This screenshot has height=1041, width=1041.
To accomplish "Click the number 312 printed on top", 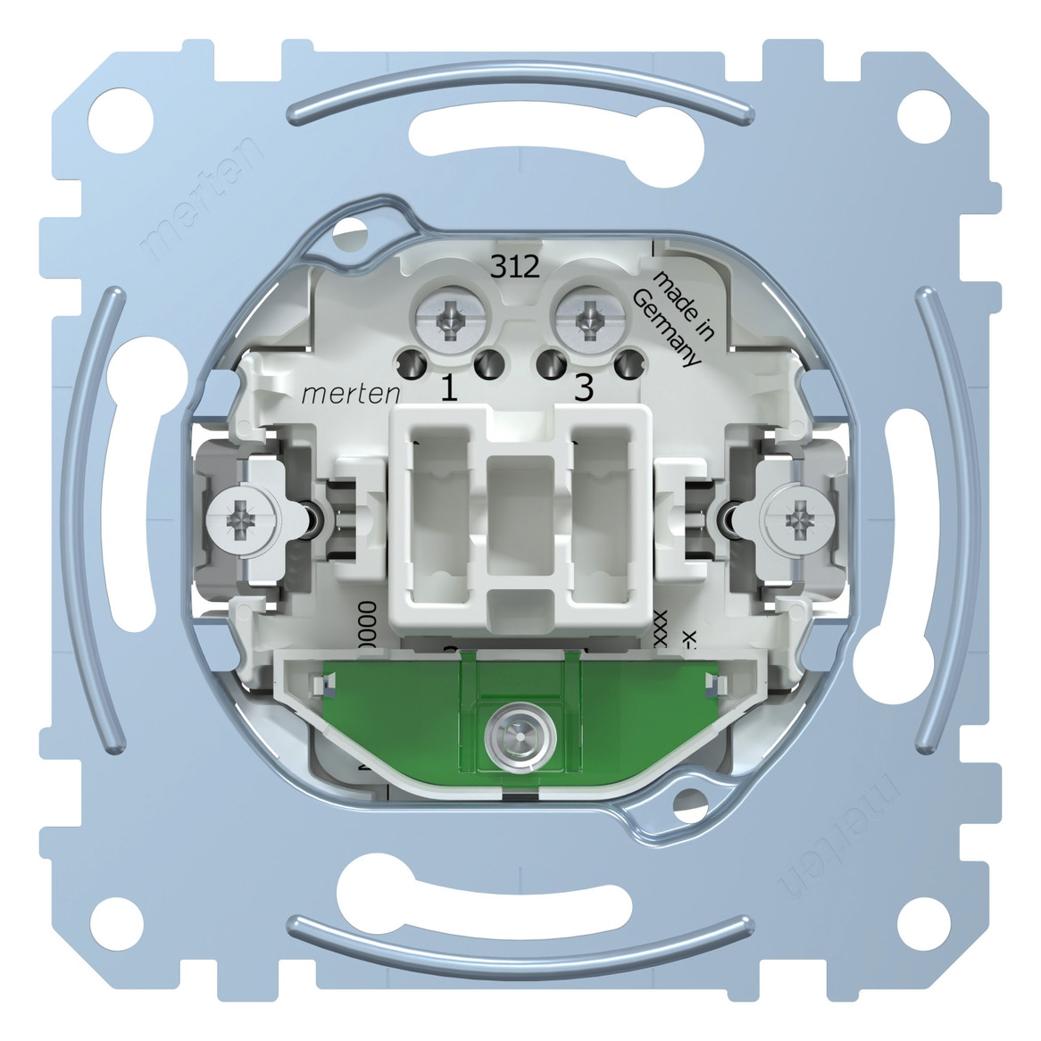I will (516, 267).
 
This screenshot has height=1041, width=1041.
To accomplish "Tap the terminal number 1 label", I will (451, 390).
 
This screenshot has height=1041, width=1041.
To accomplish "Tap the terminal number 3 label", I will (583, 390).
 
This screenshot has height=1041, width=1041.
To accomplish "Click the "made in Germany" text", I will (677, 320).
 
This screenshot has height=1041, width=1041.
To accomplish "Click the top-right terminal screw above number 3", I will (587, 319).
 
